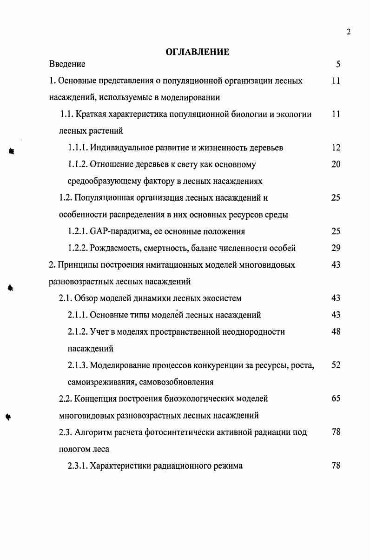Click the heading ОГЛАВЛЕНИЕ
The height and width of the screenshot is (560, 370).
[x=198, y=52]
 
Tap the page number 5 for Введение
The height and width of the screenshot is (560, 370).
[x=338, y=64]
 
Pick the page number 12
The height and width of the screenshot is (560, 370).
[x=336, y=148]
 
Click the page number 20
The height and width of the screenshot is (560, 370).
[x=336, y=164]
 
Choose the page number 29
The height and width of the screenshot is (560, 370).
[x=336, y=248]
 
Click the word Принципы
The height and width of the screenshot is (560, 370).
[x=76, y=265]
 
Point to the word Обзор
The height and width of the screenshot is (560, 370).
[x=85, y=298]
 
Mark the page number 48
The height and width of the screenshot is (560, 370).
[x=336, y=332]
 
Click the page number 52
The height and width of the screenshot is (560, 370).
[x=336, y=365]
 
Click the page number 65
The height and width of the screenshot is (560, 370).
[x=336, y=399]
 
